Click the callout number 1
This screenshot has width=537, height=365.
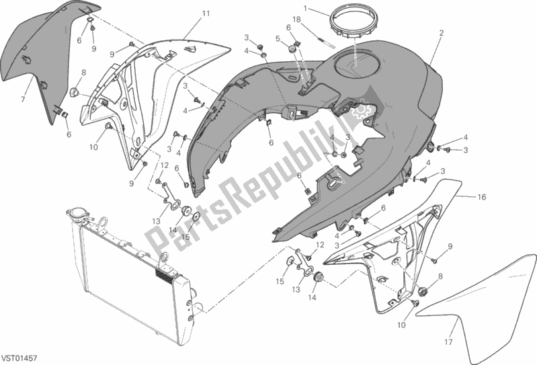[x=306, y=7]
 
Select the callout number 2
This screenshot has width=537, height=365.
[x=442, y=33]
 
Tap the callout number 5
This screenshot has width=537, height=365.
[x=278, y=39]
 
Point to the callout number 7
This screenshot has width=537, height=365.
[x=23, y=99]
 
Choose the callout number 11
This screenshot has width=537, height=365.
[x=206, y=13]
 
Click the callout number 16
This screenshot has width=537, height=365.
[x=481, y=197]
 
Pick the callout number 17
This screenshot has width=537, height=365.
[x=449, y=341]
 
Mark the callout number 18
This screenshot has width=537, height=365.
[x=296, y=19]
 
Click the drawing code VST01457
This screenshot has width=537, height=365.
[x=19, y=358]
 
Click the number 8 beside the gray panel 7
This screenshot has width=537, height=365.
[x=83, y=73]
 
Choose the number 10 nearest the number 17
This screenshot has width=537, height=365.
[x=401, y=325]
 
